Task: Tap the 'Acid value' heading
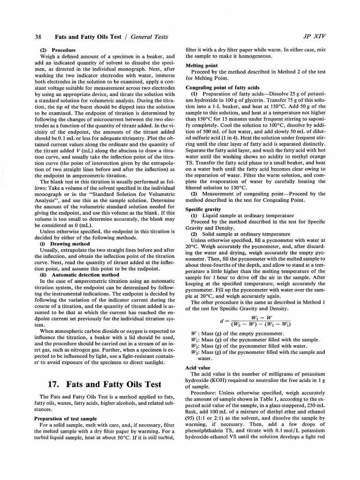coord(198,367)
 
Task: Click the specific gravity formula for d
coord(255,321)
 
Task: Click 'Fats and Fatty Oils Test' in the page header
coord(88,36)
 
